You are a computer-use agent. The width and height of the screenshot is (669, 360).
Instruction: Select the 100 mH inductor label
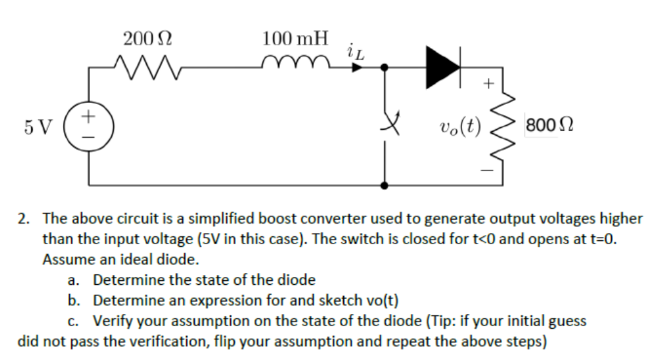click(295, 37)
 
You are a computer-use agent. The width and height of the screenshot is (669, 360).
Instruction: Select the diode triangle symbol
click(442, 66)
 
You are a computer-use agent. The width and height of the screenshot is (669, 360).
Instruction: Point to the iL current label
click(355, 49)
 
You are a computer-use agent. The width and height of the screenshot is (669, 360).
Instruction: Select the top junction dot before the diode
click(384, 67)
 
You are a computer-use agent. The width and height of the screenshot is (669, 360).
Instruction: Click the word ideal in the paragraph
click(118, 258)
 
